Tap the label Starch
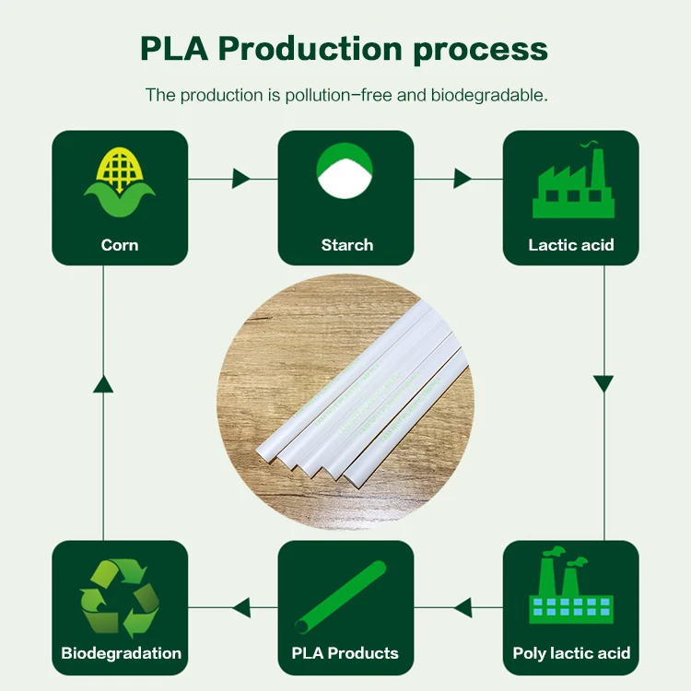click(347, 245)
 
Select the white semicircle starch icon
click(345, 182)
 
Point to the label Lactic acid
click(571, 245)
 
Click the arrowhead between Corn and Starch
click(242, 178)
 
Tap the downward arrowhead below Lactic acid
click(603, 382)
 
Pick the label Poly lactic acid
click(571, 653)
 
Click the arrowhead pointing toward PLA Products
click(463, 607)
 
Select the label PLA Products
click(345, 653)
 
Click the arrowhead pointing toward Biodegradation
click(240, 607)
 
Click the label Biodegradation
click(121, 653)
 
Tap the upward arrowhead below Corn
click(103, 382)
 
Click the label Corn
click(120, 245)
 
